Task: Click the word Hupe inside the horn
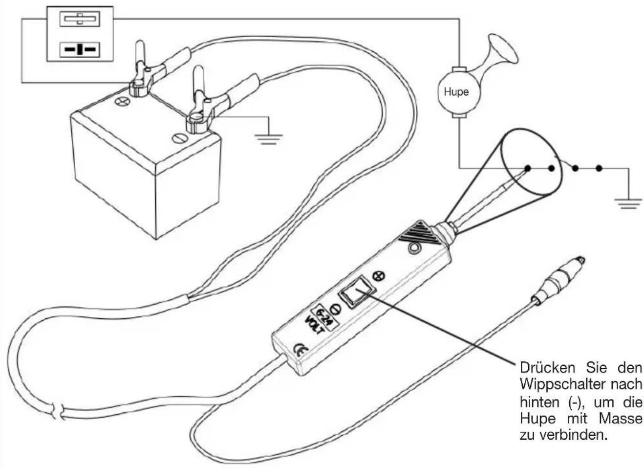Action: click(456, 92)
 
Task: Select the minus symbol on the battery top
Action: click(180, 138)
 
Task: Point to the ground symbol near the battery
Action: click(269, 139)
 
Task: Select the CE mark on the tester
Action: click(301, 350)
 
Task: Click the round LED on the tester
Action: click(414, 248)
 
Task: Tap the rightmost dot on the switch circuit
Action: click(599, 168)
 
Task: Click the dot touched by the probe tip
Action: click(528, 168)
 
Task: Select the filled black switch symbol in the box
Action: click(80, 49)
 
